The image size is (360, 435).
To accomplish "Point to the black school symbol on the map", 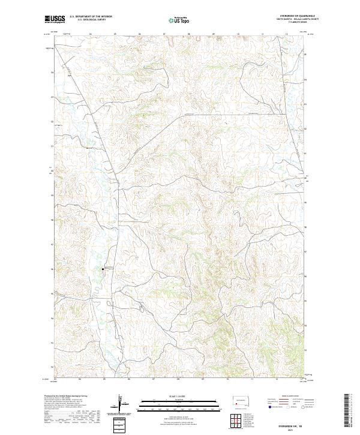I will (104, 269).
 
